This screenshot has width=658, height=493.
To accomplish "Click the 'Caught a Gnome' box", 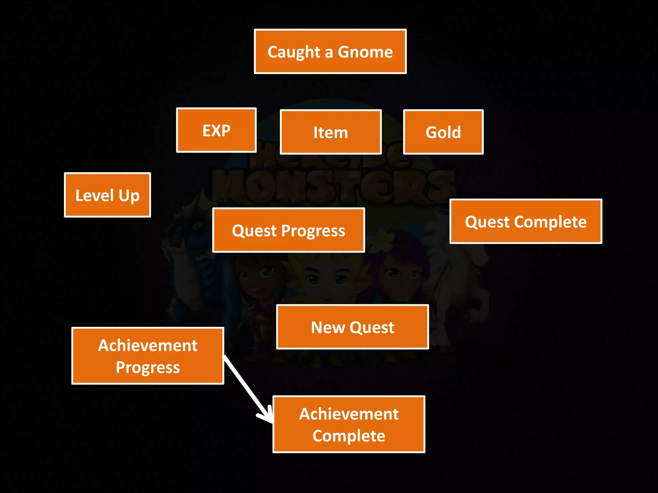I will click(x=330, y=51).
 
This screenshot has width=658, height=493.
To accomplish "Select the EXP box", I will click(x=216, y=130).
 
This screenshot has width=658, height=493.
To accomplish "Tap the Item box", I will click(x=331, y=132).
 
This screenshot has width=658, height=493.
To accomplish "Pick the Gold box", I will click(x=443, y=132).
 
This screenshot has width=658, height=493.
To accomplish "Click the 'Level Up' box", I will click(x=107, y=195).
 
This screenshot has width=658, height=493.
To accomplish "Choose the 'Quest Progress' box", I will click(x=288, y=230).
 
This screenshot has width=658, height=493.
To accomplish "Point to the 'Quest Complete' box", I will click(x=526, y=221).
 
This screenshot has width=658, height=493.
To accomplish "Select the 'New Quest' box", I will click(x=352, y=327).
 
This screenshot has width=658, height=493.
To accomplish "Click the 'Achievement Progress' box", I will click(x=148, y=356).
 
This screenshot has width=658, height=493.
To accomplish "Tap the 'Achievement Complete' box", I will click(x=349, y=424).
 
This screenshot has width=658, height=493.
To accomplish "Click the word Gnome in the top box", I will click(x=365, y=52).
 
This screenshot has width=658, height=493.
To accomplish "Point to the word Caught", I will click(x=294, y=52).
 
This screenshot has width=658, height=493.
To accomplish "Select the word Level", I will click(x=95, y=195).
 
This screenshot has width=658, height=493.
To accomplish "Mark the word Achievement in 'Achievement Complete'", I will click(x=349, y=414).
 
